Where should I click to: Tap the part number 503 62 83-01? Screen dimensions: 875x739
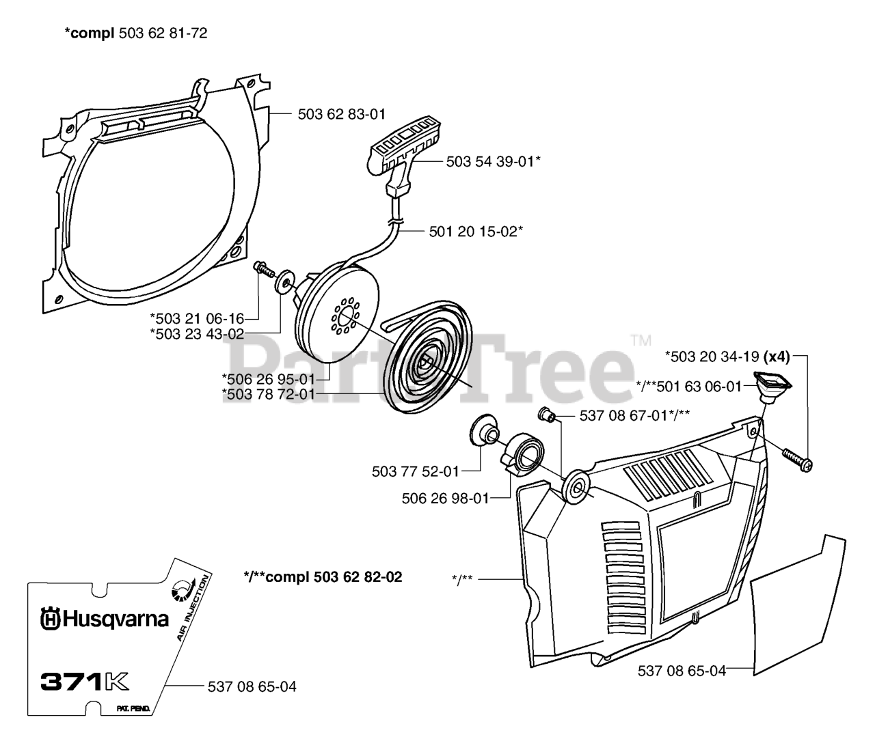342,115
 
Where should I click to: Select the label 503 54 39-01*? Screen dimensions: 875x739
494,162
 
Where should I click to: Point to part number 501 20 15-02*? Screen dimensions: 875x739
476,232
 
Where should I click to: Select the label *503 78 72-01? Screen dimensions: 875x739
268,394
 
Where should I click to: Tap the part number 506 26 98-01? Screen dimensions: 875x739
445,498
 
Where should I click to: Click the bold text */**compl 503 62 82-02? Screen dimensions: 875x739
323,577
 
